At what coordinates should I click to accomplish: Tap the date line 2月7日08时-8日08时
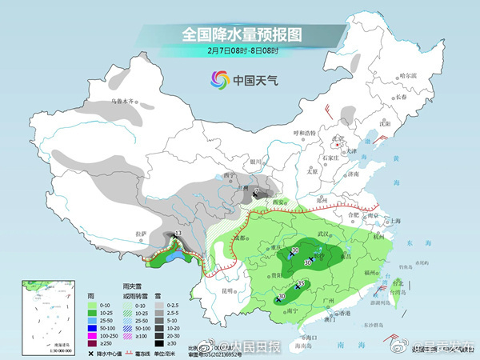click(239, 52)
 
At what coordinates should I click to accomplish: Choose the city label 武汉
click(324, 233)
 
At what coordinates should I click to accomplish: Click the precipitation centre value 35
click(302, 284)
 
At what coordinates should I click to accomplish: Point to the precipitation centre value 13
click(178, 233)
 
